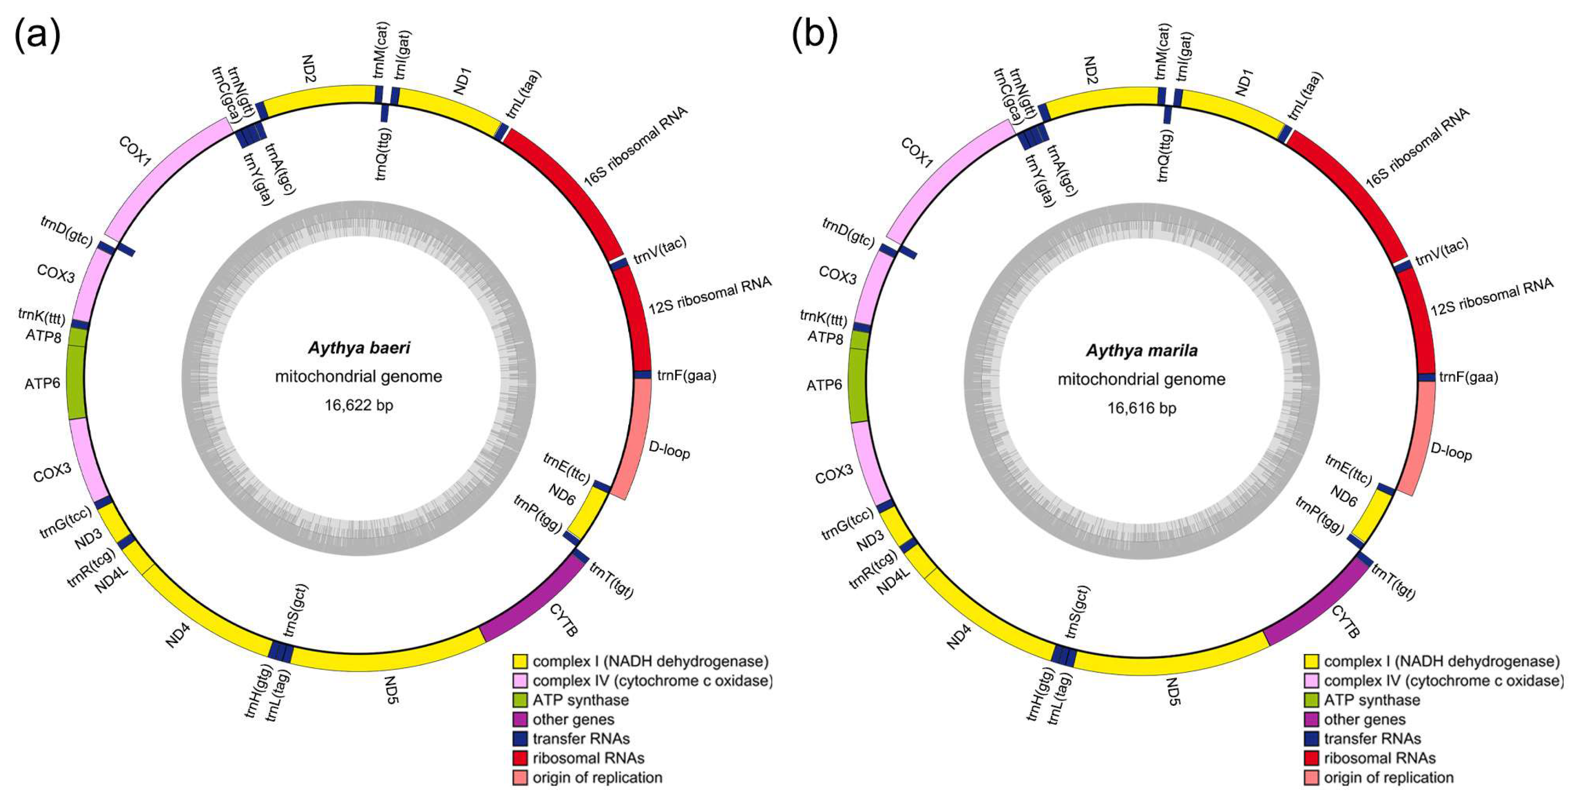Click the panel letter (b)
pos(815,36)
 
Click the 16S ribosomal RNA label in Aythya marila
pos(1417,147)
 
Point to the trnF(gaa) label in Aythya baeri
pos(687,375)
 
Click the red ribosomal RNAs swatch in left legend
pos(520,758)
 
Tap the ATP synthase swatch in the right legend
pos(1311,700)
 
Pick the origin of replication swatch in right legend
pos(1311,778)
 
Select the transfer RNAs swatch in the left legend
pos(520,739)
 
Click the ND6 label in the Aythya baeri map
pos(561,495)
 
